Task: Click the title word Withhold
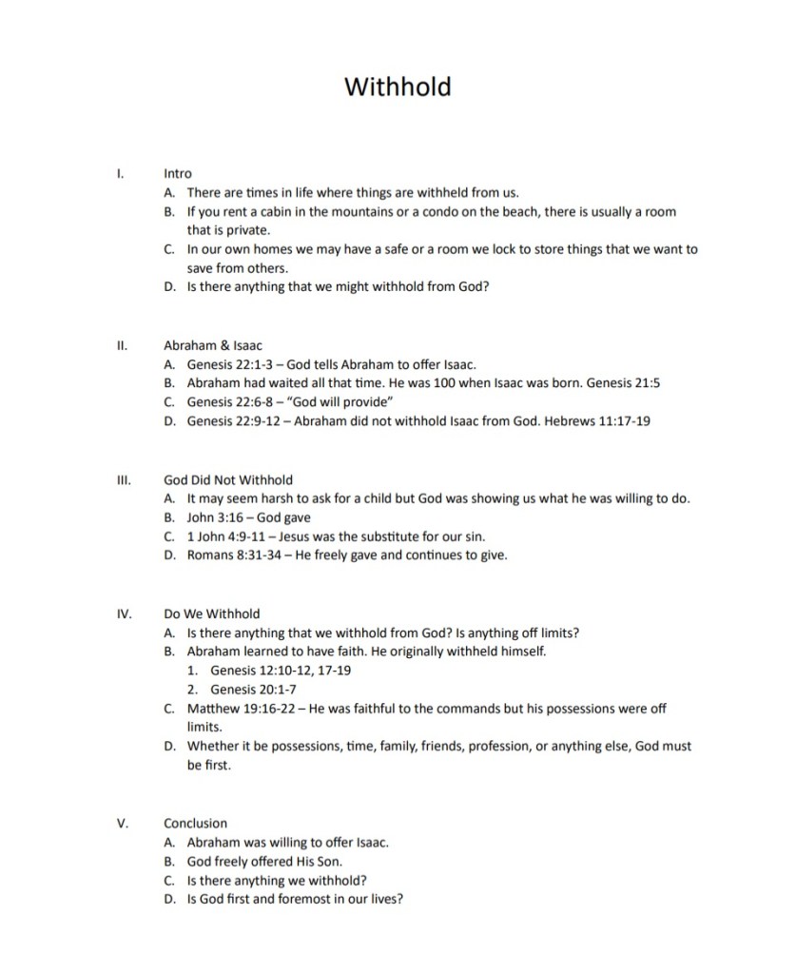pos(398,87)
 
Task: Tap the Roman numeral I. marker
pos(120,174)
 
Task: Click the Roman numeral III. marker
pos(122,480)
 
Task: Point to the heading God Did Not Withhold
pos(228,480)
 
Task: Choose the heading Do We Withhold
pos(211,614)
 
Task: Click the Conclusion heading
pos(195,823)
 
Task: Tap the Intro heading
pos(178,174)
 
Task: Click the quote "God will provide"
pos(325,402)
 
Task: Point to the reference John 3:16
pos(215,518)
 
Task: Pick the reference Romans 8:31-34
pos(228,556)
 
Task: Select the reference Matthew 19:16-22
pos(239,709)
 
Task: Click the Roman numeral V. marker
pos(122,823)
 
